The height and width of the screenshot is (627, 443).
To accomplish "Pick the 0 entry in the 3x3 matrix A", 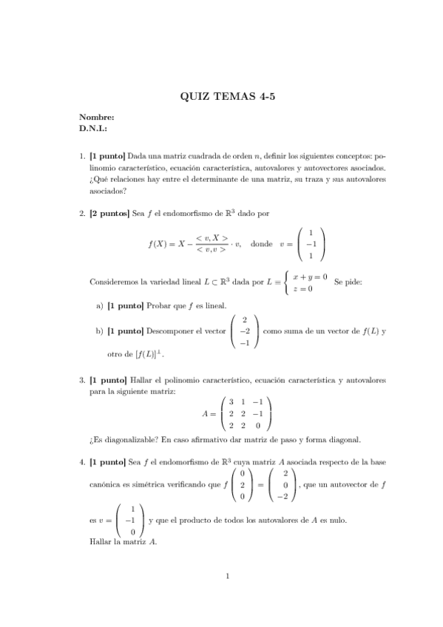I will coord(258,425).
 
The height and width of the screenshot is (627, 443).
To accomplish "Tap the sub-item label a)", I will coord(100,305).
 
